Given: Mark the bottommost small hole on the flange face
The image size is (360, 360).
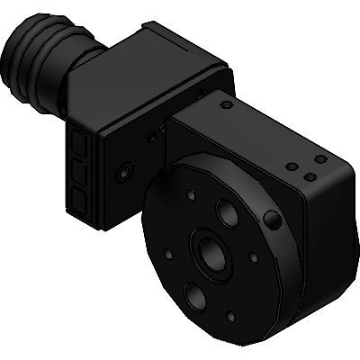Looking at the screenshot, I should tap(231, 317).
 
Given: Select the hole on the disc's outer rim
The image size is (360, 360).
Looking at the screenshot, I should tap(269, 220).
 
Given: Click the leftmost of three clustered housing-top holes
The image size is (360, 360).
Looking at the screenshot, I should tap(292, 166).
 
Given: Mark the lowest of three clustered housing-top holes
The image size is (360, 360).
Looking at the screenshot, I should tap(310, 177).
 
